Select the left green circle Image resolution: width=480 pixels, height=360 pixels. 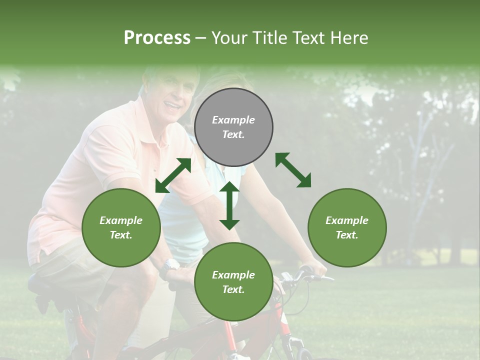coord(121,227)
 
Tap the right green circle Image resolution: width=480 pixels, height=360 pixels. coord(347,227)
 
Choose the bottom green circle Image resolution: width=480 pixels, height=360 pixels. coord(233,281)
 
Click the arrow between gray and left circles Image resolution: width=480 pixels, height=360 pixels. coord(173,175)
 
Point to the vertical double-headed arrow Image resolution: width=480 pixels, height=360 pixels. coord(229,205)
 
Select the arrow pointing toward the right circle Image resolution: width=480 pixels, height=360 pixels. coord(293,170)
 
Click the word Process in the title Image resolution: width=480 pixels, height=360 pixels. coord(157,38)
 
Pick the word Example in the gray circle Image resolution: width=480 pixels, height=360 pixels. coord(233,120)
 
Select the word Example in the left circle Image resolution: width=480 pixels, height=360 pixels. coord(121,220)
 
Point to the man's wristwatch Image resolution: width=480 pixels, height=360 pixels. coord(171,264)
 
